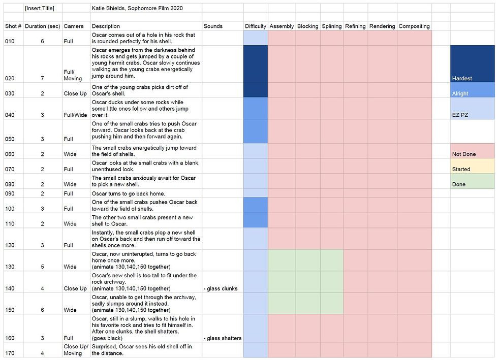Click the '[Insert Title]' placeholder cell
[40, 8]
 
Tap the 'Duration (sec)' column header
[42, 26]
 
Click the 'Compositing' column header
[414, 26]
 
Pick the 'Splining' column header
[332, 26]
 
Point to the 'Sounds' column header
[213, 26]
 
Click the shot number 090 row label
[10, 193]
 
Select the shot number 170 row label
[10, 353]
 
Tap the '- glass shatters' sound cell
[222, 338]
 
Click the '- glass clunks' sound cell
[220, 288]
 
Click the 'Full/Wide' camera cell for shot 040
[76, 115]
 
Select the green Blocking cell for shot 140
[308, 282]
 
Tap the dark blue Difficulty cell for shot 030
[256, 90]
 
